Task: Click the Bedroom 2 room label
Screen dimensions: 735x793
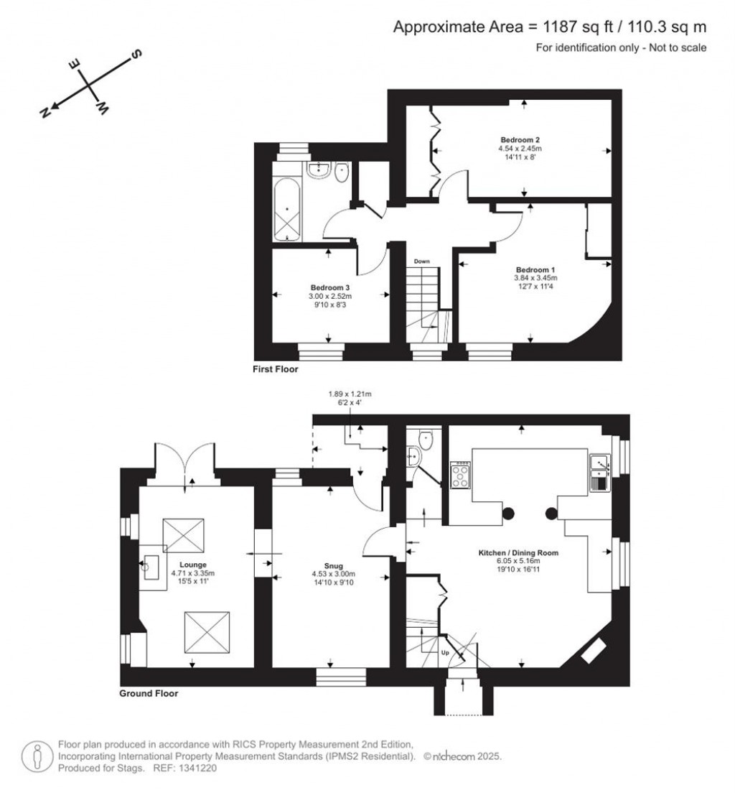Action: (x=520, y=139)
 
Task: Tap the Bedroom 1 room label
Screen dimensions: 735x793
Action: (x=535, y=269)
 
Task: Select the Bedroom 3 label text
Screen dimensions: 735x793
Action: (x=329, y=287)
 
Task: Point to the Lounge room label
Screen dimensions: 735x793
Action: (x=192, y=565)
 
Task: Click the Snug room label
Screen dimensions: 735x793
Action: (x=334, y=566)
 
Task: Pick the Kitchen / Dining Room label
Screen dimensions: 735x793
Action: (x=518, y=553)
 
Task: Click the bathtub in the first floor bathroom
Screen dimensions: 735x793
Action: (x=288, y=209)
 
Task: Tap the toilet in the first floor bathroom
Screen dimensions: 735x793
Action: (x=341, y=171)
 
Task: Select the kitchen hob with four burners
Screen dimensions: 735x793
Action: (x=460, y=474)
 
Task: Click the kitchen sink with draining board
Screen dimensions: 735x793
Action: (x=599, y=473)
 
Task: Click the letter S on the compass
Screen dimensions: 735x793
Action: (x=136, y=54)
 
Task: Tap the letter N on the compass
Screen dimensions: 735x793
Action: (x=45, y=112)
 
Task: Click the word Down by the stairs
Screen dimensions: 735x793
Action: (x=421, y=261)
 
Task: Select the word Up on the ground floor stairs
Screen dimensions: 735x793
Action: (x=445, y=652)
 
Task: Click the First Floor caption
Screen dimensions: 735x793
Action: (x=276, y=369)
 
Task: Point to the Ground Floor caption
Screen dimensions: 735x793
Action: (x=149, y=693)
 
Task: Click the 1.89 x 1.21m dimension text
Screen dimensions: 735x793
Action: (x=350, y=394)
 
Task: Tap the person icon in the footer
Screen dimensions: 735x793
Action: (x=37, y=756)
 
